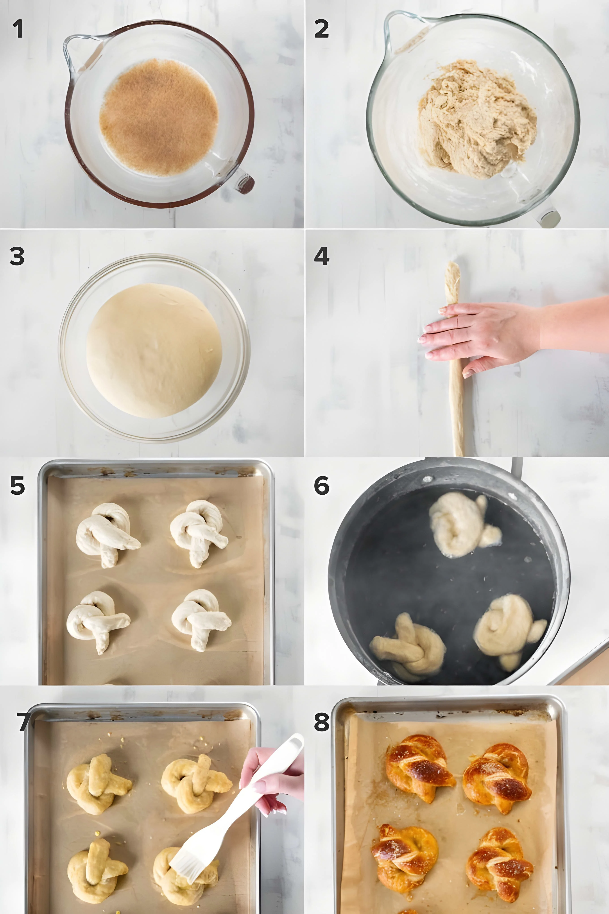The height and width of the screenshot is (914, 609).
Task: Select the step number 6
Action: coord(322,486)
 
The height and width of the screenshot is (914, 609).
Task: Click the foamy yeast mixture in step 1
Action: coord(159,116)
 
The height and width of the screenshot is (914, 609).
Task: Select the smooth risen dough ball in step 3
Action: coord(154,350)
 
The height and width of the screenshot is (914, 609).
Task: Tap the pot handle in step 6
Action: coord(517,466)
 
